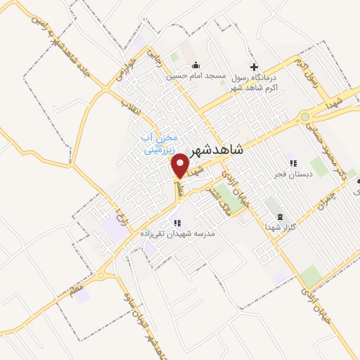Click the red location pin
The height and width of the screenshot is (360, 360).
(x=181, y=165)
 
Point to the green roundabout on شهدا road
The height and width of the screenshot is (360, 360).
(x=304, y=117)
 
